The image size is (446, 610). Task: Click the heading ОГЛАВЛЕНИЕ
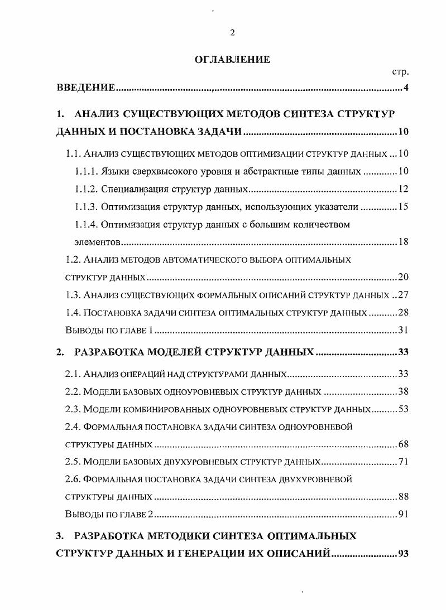232,60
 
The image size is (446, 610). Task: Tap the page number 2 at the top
232,32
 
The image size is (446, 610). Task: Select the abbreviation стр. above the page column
401,72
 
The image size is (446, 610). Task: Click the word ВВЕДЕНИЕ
85,88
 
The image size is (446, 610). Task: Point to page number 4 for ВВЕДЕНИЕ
407,88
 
